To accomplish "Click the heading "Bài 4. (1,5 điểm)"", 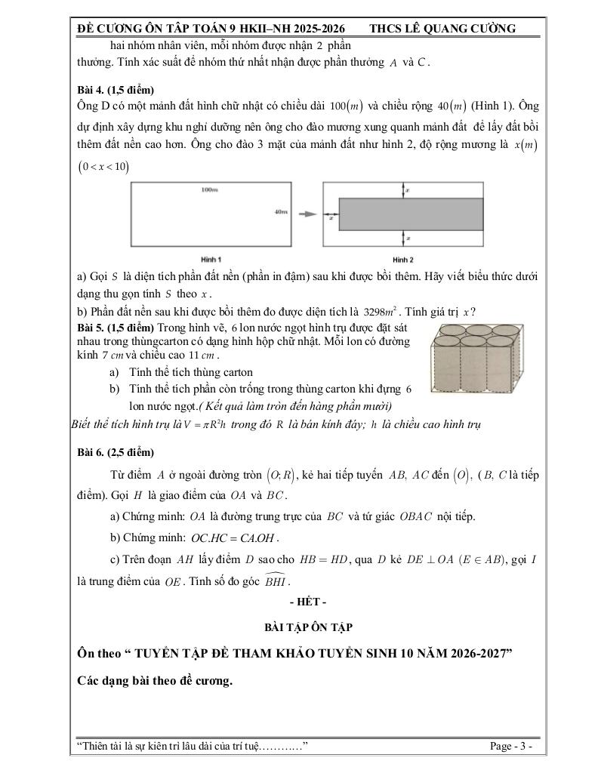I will [115, 87].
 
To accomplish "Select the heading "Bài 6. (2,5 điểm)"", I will [116, 452].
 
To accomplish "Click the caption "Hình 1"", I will [205, 259].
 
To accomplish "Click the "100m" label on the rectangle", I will [209, 189].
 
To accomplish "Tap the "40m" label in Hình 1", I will [281, 214].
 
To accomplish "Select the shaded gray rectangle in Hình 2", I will [411, 214].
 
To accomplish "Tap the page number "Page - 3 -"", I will [511, 747].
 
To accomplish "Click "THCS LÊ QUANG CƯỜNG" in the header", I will [442, 29].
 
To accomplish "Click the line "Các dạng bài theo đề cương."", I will [155, 680].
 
